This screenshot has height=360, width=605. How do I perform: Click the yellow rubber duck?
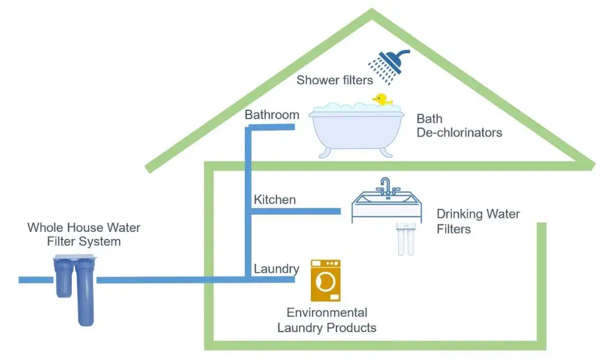(382, 99)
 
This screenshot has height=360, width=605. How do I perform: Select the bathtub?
(356, 129)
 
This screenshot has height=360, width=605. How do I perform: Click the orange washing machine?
(325, 280)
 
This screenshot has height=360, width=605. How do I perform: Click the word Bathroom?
(272, 114)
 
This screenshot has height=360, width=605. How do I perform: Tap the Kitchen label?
(275, 199)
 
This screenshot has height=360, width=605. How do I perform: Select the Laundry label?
(276, 269)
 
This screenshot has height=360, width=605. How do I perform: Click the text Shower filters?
(334, 80)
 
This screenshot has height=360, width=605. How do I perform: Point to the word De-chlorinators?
(459, 132)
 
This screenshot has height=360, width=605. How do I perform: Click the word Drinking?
(460, 214)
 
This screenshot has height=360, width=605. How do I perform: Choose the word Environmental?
(327, 313)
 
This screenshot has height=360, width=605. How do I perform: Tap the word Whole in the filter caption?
(45, 228)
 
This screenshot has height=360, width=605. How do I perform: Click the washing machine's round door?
(327, 283)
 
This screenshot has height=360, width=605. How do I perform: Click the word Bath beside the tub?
(429, 119)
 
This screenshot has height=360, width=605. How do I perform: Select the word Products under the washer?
(351, 328)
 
